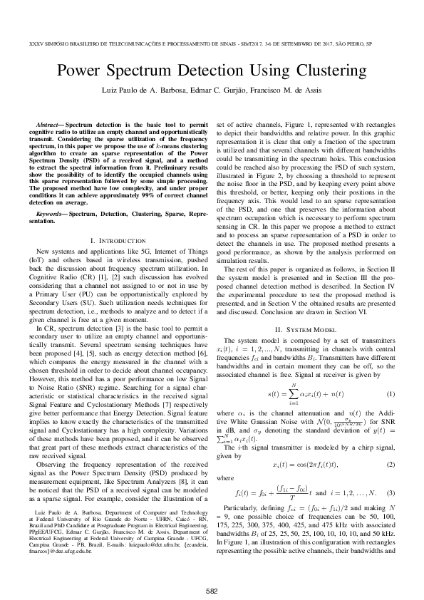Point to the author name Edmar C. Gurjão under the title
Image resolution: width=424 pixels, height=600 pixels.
pos(212,93)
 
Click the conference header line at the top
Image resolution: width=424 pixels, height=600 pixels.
pos(212,42)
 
